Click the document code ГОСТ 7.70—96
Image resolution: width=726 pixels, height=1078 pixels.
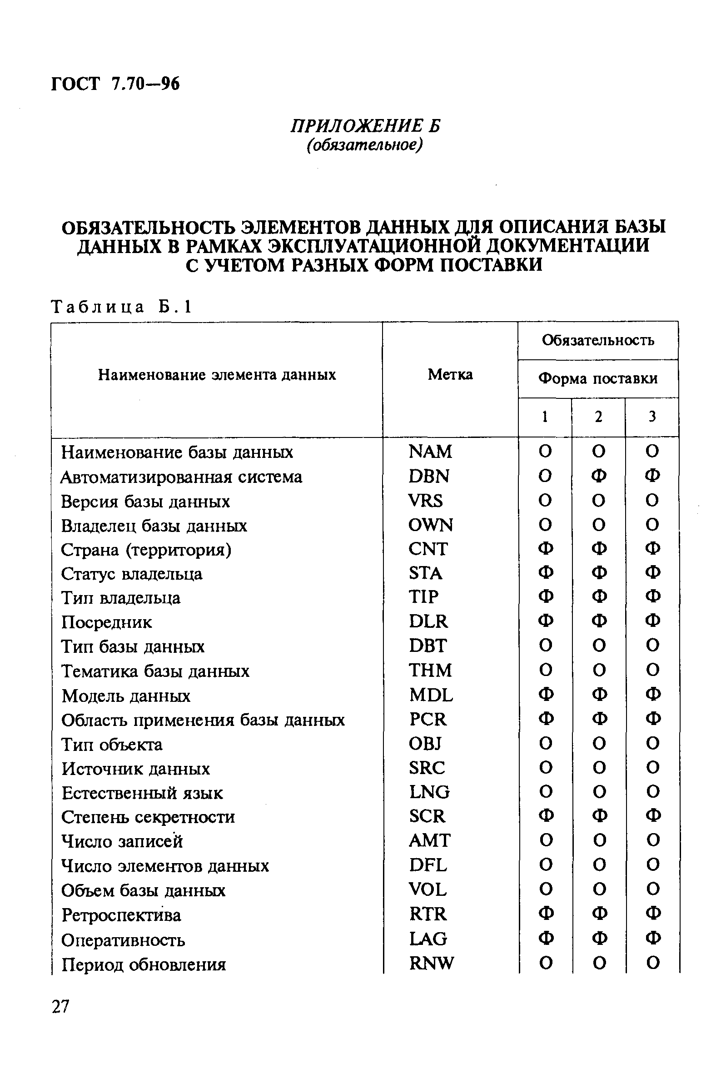pos(115,84)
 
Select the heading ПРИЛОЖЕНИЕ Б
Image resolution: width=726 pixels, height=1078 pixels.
pos(365,126)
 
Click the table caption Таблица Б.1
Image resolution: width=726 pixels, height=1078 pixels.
pos(121,307)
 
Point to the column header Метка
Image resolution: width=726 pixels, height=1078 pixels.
pos(450,374)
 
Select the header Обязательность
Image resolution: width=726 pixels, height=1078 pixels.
pos(598,340)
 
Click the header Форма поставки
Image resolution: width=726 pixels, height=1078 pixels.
pos(598,378)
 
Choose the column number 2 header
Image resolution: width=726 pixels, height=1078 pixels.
pos(598,417)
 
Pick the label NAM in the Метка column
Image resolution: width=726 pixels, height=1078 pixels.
pos(430,451)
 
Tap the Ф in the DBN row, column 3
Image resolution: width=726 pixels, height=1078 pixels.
pos(652,476)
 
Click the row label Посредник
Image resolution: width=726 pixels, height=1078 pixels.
pos(106,622)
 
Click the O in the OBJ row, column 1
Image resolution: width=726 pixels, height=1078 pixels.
pos(546,743)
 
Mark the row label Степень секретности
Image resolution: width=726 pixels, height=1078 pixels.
pos(148,817)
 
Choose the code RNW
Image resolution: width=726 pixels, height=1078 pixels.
pos(432,963)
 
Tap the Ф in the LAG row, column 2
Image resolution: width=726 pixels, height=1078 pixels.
pos(599,939)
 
